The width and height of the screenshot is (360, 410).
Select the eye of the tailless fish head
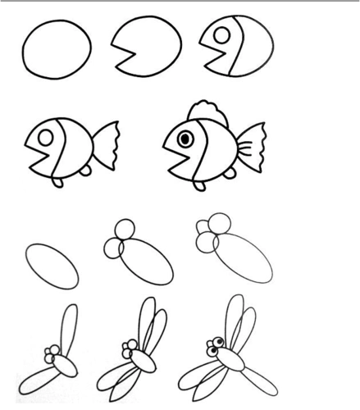(x=221, y=34)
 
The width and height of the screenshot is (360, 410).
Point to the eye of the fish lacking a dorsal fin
(x=48, y=130)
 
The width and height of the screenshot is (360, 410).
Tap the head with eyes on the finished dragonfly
(x=217, y=348)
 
